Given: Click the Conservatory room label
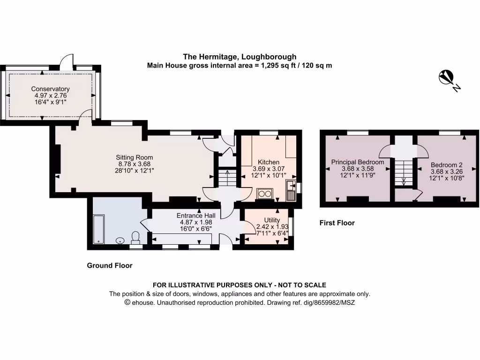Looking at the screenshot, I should pos(50,89).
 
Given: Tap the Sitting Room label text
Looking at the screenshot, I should pos(135,157).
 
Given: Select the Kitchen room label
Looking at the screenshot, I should pos(269,162).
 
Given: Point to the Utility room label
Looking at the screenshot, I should pos(272,220).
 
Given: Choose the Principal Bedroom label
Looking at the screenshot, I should pos(358,162).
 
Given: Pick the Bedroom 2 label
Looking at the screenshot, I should pos(447,165).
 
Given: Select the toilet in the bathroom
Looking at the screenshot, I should pos(136,238).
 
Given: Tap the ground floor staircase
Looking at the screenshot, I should pos(226,178).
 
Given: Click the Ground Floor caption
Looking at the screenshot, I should pos(110,265).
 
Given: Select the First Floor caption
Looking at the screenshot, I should pos(337,223).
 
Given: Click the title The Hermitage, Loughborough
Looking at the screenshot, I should pos(240,57).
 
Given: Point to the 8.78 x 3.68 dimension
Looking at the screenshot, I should pos(135,164).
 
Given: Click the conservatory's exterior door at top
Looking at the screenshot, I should pos(69,61).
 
